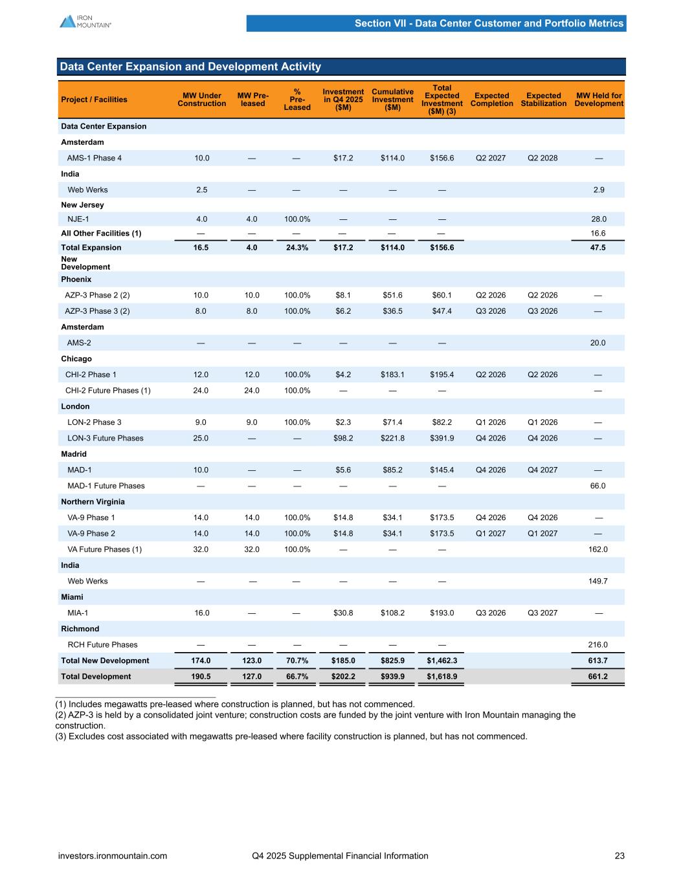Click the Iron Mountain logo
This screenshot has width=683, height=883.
coord(85,21)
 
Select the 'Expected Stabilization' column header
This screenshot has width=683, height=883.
coord(543,100)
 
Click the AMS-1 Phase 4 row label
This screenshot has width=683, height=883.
coord(95,158)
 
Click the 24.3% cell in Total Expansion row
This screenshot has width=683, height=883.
coord(297,248)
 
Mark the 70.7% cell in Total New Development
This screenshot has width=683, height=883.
coord(297,660)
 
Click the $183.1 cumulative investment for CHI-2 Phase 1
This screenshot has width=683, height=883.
coord(392,375)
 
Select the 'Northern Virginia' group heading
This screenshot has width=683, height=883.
coord(93,502)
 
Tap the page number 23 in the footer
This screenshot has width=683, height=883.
coord(620,856)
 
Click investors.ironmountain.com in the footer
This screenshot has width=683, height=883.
coord(113,856)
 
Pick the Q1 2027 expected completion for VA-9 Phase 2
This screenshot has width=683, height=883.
coord(490,534)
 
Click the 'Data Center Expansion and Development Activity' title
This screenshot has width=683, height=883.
coord(190,67)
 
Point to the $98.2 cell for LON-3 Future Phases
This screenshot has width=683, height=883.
coord(343,439)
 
